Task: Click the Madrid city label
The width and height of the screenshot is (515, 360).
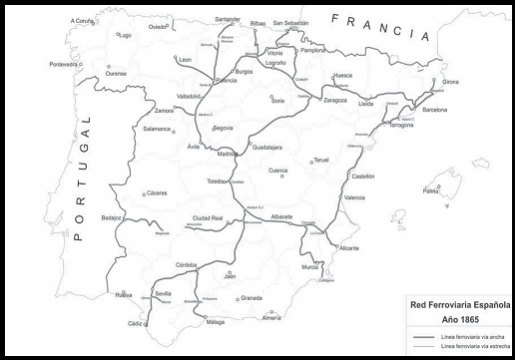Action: tap(228, 155)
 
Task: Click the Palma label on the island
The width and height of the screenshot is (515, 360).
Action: tap(431, 190)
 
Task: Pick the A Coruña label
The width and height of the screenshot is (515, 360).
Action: tap(84, 20)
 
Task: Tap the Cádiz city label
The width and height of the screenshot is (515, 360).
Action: tap(136, 323)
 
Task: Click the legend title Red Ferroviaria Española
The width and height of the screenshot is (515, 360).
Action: tap(461, 305)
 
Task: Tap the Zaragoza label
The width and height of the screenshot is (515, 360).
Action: tap(335, 101)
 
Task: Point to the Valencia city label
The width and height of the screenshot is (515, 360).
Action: tap(354, 198)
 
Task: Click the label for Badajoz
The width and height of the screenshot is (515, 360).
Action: tap(111, 216)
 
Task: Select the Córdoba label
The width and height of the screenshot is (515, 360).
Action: tap(188, 263)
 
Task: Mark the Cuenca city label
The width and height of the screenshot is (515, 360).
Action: tap(278, 171)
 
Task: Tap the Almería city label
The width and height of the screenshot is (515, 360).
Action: tap(271, 317)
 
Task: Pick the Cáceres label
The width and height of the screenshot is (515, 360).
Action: tap(157, 193)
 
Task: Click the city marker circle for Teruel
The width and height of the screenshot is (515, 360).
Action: tap(311, 161)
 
